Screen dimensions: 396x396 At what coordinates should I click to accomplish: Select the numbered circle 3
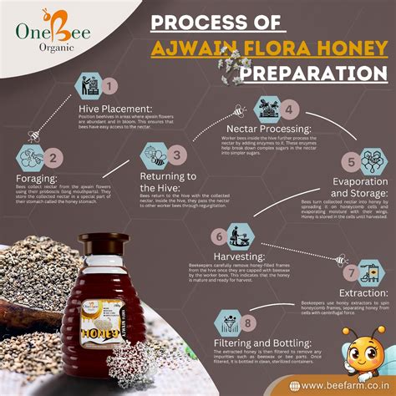coord(177,155)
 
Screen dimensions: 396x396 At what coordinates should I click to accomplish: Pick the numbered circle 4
coord(289,109)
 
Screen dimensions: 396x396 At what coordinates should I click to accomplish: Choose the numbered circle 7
coord(350,273)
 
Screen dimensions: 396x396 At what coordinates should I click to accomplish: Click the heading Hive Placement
coord(116,110)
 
